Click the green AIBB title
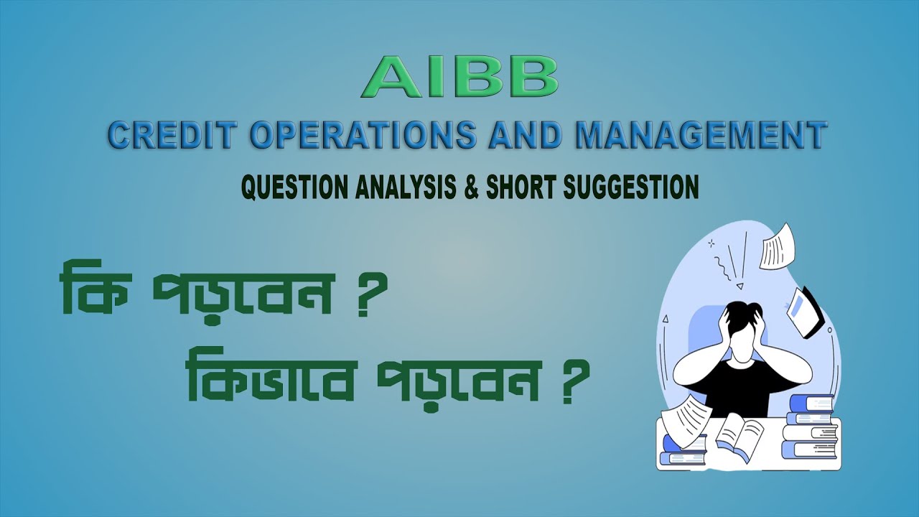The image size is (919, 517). pos(459,78)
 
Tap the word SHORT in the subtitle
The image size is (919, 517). pos(521,187)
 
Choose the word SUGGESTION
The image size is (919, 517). pos(632,187)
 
